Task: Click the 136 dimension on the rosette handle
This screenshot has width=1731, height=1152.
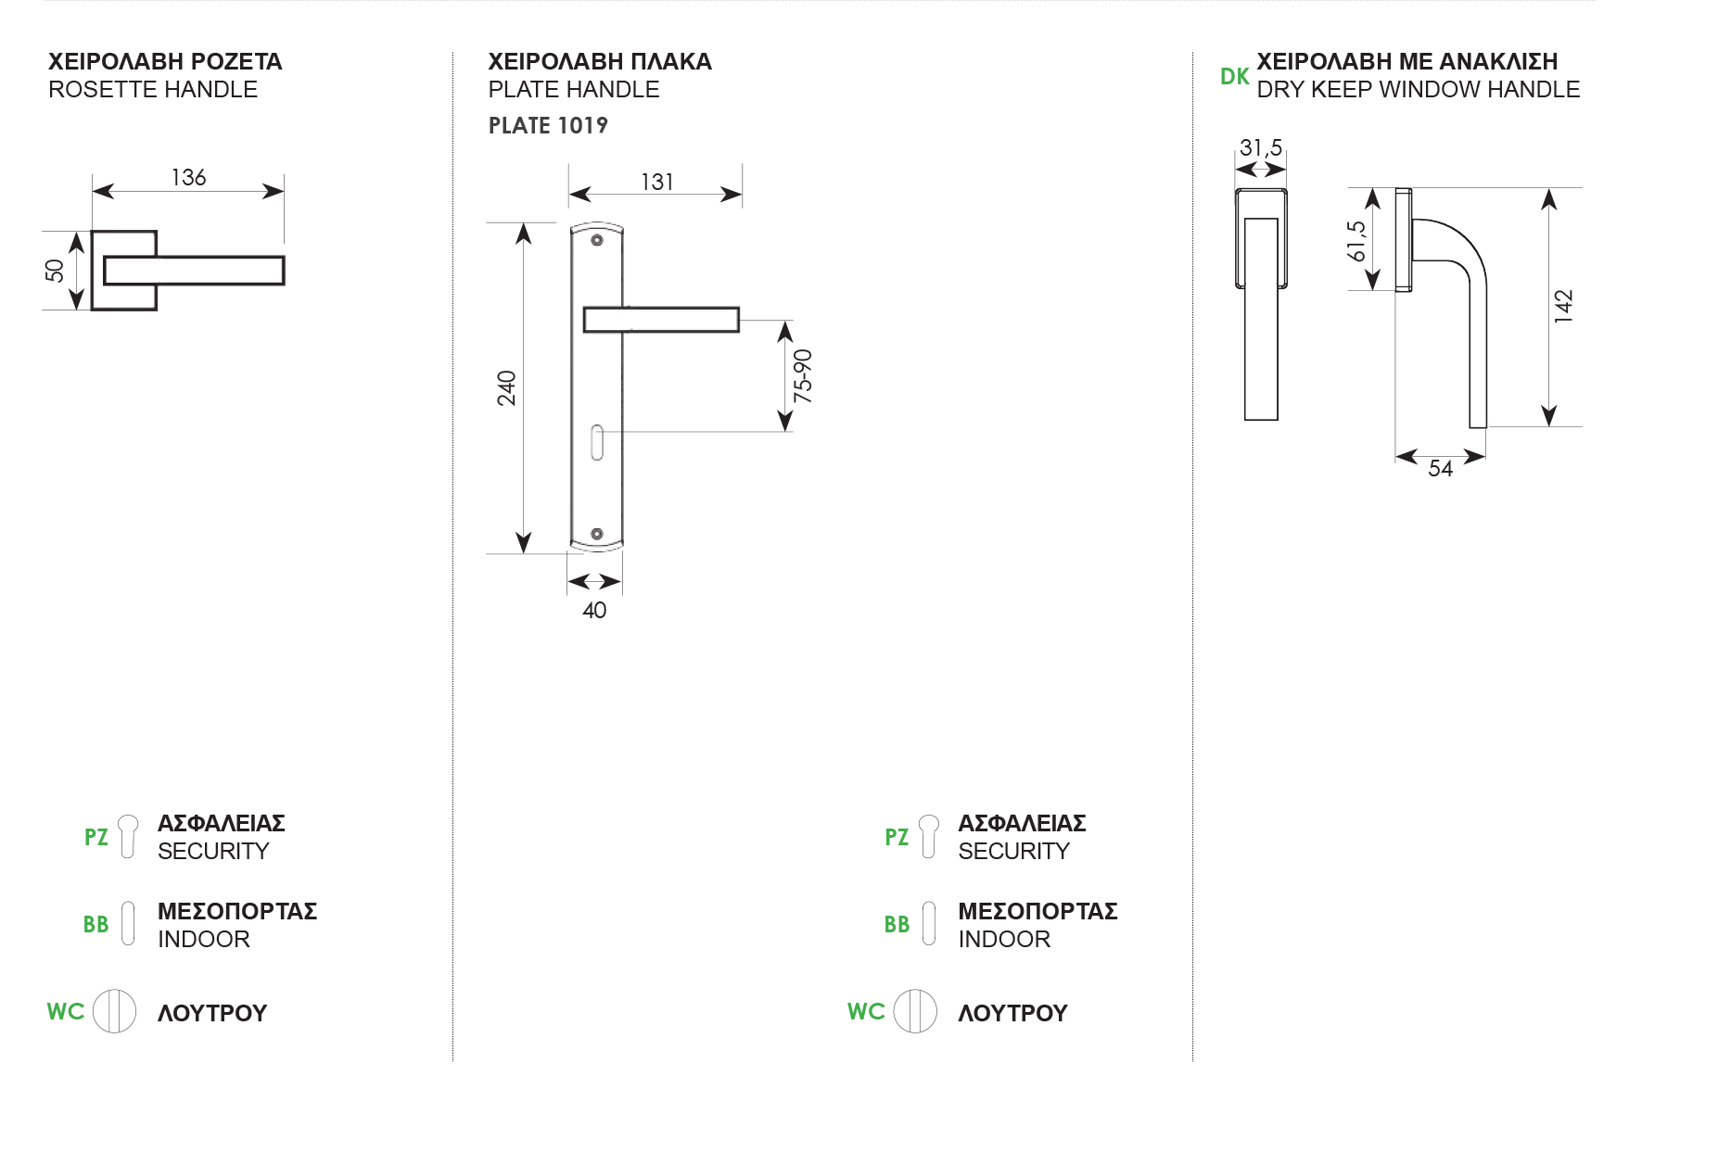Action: [x=188, y=177]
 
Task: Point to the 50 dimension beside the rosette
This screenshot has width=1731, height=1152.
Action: [x=55, y=271]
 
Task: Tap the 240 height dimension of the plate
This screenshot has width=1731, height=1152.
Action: [x=506, y=387]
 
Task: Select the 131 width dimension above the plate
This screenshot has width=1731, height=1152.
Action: [x=656, y=182]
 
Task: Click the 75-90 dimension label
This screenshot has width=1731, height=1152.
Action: [x=803, y=375]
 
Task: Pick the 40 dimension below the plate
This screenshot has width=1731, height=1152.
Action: [x=594, y=610]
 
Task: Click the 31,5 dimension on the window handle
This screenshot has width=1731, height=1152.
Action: [x=1260, y=148]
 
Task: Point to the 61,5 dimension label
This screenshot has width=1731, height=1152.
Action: [x=1356, y=241]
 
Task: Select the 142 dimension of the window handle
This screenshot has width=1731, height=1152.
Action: [x=1564, y=306]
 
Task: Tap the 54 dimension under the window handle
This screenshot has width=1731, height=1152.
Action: [x=1440, y=468]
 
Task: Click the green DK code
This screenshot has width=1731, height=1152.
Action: [x=1234, y=77]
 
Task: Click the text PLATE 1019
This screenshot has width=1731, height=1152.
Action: [x=548, y=125]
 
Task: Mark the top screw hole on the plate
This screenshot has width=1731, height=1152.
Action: [x=597, y=240]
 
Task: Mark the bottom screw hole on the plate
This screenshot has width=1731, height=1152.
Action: [x=597, y=534]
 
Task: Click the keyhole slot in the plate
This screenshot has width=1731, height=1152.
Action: [x=597, y=442]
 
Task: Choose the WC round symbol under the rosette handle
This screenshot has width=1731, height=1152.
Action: [x=115, y=1011]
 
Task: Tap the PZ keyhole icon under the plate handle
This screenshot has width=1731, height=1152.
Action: [x=928, y=836]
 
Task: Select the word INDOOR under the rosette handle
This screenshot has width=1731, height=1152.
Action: [x=204, y=939]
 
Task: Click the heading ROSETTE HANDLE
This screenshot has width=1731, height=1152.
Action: [x=153, y=90]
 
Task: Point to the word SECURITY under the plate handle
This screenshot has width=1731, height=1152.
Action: [x=1013, y=851]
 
